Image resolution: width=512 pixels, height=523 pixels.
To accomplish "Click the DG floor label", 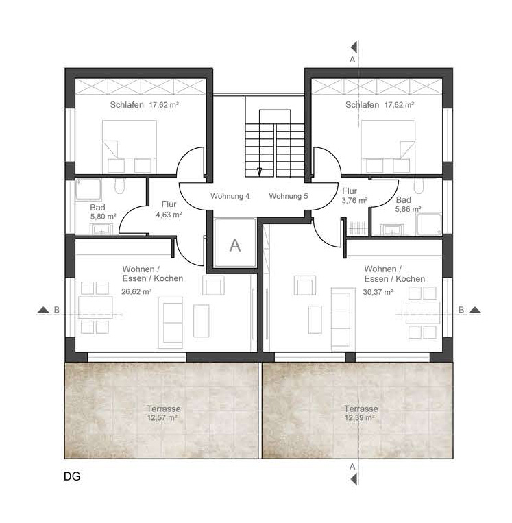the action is [x=72, y=476].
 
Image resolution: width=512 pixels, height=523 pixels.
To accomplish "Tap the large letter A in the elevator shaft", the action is [x=235, y=245].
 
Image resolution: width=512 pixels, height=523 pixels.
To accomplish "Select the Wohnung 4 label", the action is [x=230, y=196].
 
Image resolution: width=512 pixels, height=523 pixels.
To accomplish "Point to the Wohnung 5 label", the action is [x=289, y=196].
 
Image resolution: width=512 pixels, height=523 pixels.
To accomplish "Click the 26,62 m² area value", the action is [x=136, y=291].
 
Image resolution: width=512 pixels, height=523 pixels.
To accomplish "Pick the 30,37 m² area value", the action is [x=378, y=292].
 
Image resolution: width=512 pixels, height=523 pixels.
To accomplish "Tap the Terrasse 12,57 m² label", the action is [x=163, y=413].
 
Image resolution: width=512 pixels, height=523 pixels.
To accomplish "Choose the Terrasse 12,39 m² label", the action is [x=361, y=413].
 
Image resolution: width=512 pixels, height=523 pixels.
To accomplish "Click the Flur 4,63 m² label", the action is [x=169, y=209].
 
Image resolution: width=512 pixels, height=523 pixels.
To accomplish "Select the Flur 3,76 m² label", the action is [x=354, y=195].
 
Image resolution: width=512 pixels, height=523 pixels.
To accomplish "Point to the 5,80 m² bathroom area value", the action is [x=103, y=217].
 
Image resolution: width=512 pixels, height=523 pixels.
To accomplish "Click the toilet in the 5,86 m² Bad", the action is [x=418, y=186].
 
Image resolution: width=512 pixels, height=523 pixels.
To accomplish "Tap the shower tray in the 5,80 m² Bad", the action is [x=88, y=189].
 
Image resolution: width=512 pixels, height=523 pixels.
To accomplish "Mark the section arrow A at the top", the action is [x=354, y=47].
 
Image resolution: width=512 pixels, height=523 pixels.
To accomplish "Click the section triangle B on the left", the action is [x=43, y=311].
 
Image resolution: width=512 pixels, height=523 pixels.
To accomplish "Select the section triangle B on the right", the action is [x=474, y=311].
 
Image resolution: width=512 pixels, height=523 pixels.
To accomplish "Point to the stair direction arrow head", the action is [x=259, y=172].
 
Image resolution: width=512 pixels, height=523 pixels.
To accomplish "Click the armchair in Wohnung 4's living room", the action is [x=213, y=285].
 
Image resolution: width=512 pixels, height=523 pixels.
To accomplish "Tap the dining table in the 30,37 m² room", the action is [x=423, y=313].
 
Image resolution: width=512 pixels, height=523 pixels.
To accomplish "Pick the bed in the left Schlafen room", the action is [x=130, y=147].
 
